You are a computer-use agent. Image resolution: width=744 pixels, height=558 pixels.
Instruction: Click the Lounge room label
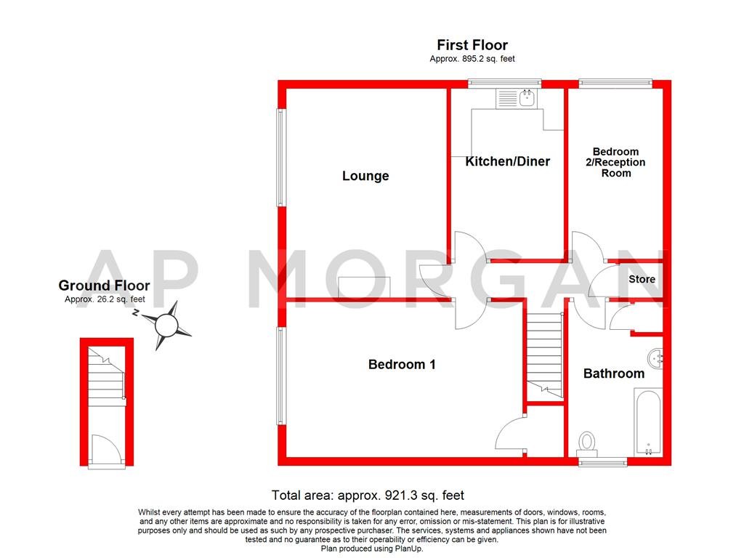(x=365, y=176)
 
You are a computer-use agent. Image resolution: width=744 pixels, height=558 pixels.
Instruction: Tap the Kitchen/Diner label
(x=507, y=161)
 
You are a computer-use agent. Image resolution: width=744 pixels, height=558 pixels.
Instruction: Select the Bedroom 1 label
(x=402, y=365)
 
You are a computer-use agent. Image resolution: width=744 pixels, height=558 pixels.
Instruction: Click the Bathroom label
(x=614, y=373)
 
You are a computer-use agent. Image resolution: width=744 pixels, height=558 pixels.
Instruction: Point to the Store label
(x=642, y=279)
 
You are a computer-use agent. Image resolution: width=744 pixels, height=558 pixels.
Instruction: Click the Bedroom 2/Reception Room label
(x=615, y=163)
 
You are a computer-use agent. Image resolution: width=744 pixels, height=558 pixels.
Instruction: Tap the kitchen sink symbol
(x=515, y=98)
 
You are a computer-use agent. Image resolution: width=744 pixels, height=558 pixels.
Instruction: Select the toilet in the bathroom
(x=587, y=441)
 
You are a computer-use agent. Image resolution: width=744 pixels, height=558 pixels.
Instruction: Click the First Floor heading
(x=472, y=46)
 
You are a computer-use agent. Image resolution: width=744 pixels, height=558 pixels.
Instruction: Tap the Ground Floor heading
(x=104, y=286)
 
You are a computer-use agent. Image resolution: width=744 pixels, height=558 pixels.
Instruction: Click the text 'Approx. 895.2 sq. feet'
(x=472, y=59)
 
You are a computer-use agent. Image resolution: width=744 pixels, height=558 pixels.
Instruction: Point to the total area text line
(x=368, y=496)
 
